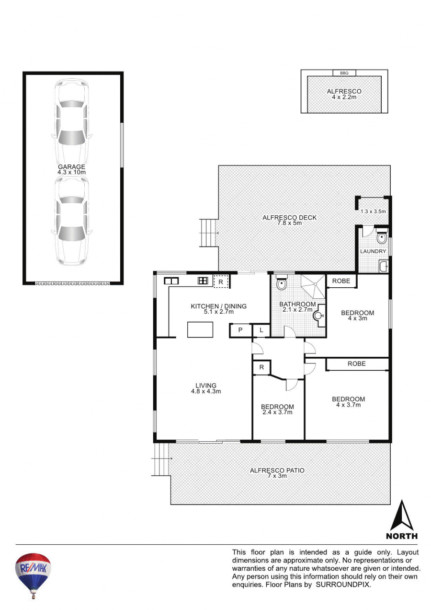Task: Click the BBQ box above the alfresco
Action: click(x=344, y=73)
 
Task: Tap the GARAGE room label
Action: click(x=71, y=167)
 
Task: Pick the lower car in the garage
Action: click(x=72, y=221)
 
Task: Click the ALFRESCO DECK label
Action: click(x=289, y=218)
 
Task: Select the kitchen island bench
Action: click(x=200, y=329)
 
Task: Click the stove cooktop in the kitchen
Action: click(x=203, y=281)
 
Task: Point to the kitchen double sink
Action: click(x=171, y=281)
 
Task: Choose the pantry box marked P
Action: click(x=240, y=330)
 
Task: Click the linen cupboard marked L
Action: click(x=261, y=330)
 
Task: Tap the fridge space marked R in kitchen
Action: click(x=221, y=282)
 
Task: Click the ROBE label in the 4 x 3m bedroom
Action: click(x=341, y=281)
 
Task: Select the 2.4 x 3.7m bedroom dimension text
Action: click(x=277, y=412)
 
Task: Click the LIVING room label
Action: click(x=206, y=386)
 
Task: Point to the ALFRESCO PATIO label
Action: click(x=277, y=470)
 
